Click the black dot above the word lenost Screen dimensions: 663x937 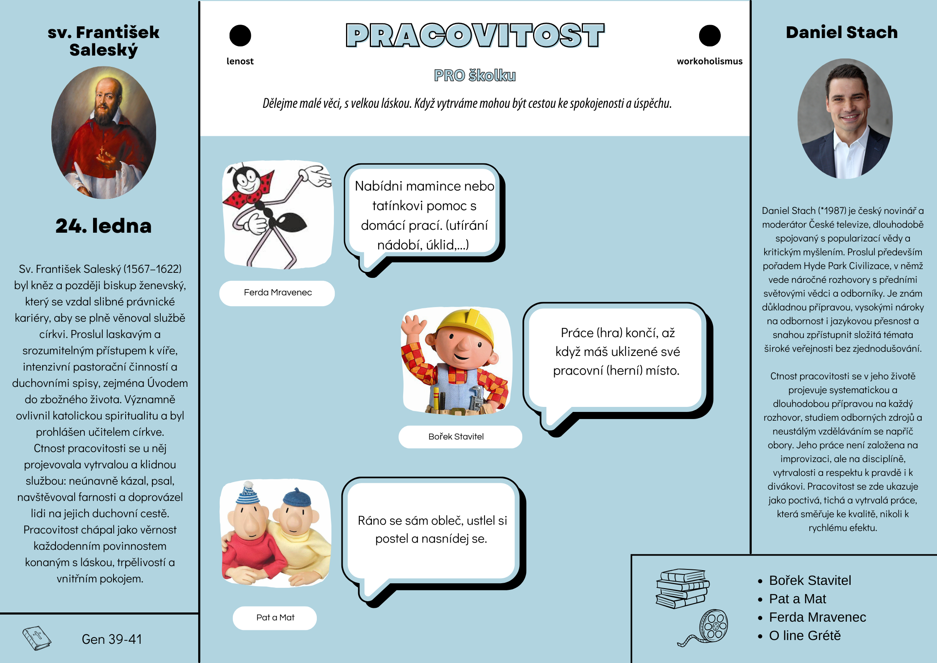point(240,36)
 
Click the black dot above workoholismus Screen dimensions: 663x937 point(710,36)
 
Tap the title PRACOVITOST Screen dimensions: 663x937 point(475,36)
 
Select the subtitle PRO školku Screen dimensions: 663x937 point(475,76)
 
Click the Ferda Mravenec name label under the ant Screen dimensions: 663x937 point(278,293)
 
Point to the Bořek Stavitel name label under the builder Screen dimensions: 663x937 point(456,437)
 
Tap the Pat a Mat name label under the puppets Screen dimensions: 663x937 point(275,617)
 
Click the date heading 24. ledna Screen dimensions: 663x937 point(103,226)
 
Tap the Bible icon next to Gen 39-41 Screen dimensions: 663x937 point(37,638)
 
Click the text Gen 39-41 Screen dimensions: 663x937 point(112,639)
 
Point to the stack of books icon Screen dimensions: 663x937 point(682,588)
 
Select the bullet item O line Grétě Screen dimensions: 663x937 point(804,635)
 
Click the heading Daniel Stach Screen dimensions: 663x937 point(841,33)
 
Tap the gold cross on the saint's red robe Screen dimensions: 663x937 point(101,149)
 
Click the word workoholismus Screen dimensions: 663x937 point(710,61)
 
